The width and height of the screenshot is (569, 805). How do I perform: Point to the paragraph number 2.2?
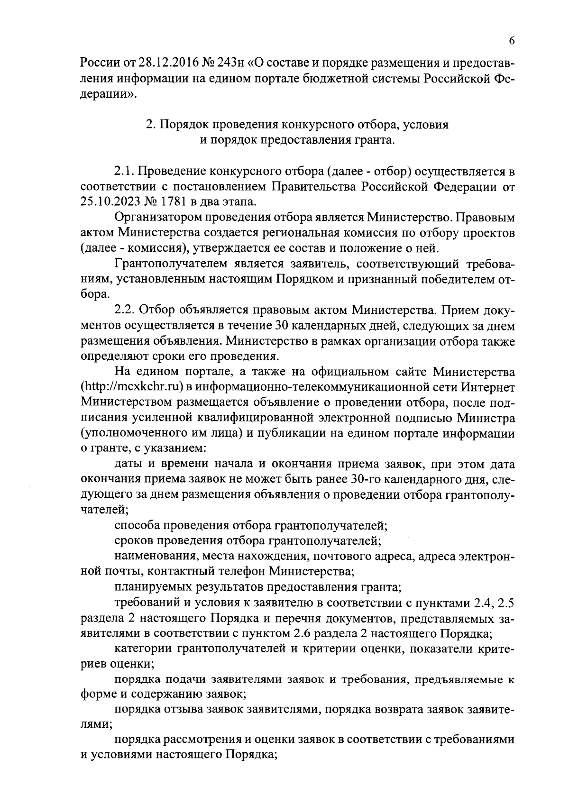pos(125,310)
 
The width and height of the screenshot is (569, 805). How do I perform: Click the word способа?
pos(137,525)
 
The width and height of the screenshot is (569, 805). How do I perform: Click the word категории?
pos(142,649)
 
